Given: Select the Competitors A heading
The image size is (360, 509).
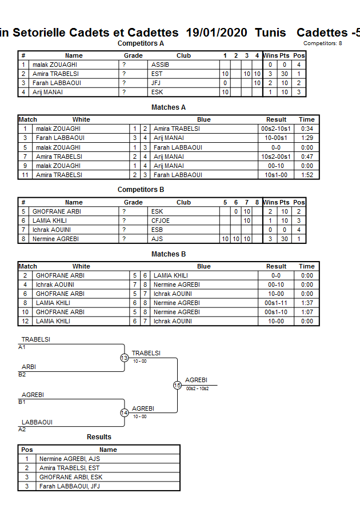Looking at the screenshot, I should [x=141, y=43].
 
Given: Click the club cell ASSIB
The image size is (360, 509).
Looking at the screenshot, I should [x=160, y=65].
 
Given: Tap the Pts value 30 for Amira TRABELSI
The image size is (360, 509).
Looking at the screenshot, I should [x=284, y=74].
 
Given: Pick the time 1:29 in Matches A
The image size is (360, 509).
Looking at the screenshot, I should [x=307, y=138].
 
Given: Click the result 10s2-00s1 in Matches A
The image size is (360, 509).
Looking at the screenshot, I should [x=277, y=156].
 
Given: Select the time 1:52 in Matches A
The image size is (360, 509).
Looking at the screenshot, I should [x=307, y=174].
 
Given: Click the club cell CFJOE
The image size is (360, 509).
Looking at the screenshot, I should [x=161, y=221].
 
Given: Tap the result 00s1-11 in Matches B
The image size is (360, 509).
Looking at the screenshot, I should [x=277, y=303].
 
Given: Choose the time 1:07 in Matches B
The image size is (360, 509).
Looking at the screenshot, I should [x=307, y=312].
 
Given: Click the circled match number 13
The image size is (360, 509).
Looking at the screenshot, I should [x=125, y=358].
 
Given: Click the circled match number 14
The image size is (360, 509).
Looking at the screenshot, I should [x=125, y=412].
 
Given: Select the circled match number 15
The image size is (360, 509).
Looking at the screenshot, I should [x=177, y=385].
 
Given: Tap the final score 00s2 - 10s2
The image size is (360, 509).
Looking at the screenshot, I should [x=198, y=388].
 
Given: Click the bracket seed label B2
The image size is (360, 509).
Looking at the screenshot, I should [x=22, y=375].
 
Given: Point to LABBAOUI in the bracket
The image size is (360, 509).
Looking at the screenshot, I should [x=37, y=422].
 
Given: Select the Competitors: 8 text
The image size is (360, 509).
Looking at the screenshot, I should [x=323, y=43].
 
